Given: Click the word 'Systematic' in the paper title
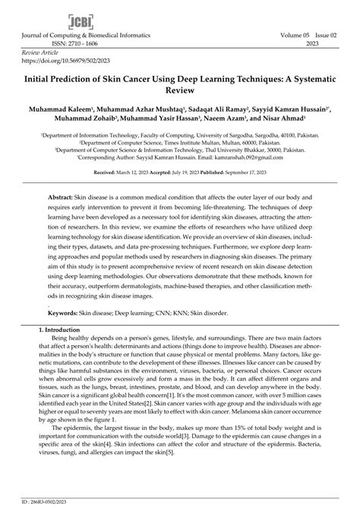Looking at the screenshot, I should tap(300, 76).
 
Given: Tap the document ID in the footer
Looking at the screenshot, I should tap(45, 501).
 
